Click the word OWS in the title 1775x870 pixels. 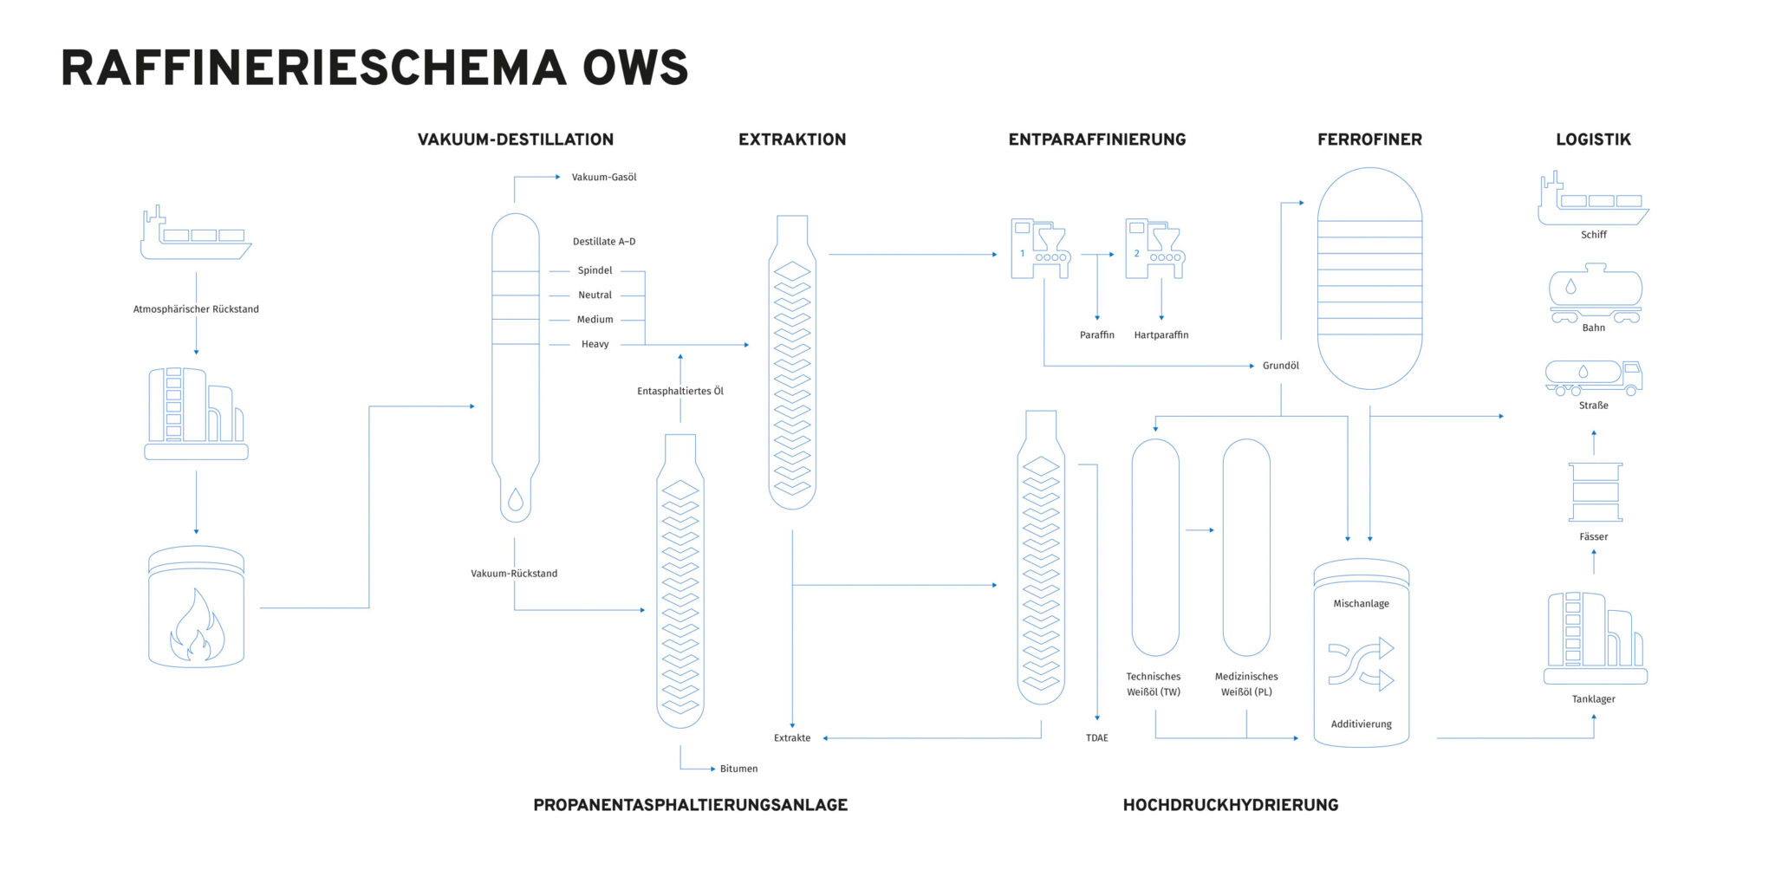pos(635,68)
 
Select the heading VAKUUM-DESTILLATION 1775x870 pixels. pos(516,140)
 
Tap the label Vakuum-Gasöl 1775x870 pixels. pos(604,178)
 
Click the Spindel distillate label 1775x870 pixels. pos(595,270)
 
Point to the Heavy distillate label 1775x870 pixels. pos(595,344)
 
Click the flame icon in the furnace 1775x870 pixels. pos(197,626)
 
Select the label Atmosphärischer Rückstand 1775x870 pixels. pos(196,309)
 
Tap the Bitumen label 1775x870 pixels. pos(738,769)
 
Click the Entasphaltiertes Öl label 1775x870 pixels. pos(680,392)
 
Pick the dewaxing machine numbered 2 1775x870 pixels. pos(1154,249)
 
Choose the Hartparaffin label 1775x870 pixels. pos(1161,335)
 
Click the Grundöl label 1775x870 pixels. pos(1281,366)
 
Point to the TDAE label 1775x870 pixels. pos(1097,738)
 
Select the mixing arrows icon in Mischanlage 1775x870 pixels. pos(1361,664)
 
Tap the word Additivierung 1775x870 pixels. pos(1361,724)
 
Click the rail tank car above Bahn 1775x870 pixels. pos(1595,293)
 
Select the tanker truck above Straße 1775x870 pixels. pos(1593,377)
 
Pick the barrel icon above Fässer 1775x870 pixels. pos(1595,492)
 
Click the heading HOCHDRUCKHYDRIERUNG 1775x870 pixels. pos(1231,805)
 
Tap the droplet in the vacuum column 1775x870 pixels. pos(516,499)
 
